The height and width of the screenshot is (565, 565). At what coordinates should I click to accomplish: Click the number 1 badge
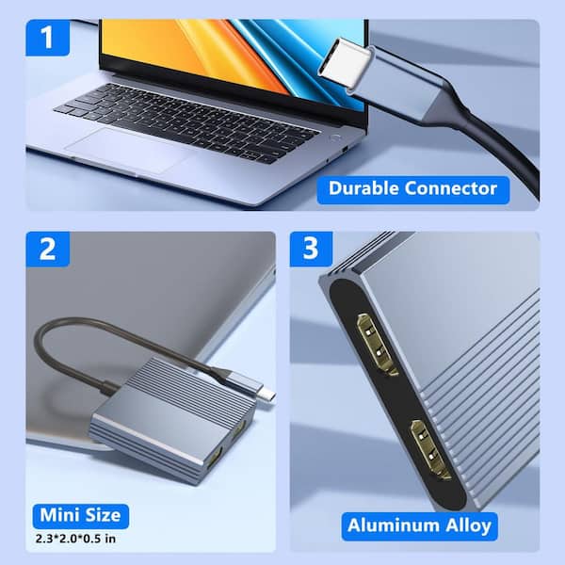pos(48,38)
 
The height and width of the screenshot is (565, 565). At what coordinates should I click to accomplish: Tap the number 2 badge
pos(48,250)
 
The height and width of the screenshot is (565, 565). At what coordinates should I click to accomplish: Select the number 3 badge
pos(311,249)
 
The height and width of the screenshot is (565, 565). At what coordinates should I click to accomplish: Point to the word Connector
pos(450,188)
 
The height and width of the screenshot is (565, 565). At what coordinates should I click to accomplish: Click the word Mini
pos(59,515)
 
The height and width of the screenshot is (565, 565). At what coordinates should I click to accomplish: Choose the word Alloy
pos(468,526)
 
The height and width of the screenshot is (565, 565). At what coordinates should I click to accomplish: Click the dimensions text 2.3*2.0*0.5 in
pos(75,539)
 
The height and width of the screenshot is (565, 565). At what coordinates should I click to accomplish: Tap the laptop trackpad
pos(128,150)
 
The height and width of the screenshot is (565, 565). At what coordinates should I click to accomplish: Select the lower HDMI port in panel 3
pos(430,450)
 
